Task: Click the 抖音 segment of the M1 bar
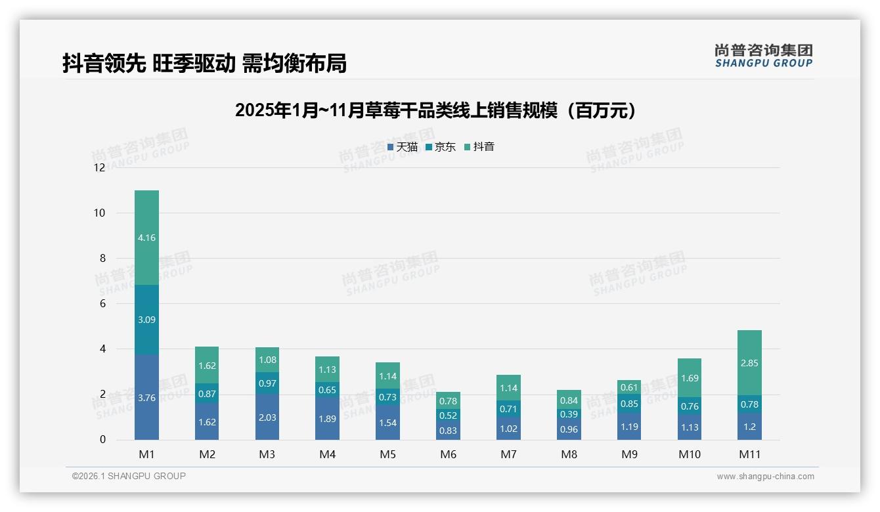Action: [146, 238]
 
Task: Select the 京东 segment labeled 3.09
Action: [146, 320]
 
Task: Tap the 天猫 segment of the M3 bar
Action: [267, 417]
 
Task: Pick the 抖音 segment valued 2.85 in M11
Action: [749, 363]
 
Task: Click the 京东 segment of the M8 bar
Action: [569, 414]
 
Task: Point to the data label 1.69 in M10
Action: [689, 378]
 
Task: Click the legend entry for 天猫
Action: [403, 147]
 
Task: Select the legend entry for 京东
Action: [441, 147]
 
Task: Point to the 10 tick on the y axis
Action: [99, 213]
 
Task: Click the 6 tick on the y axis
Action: [102, 303]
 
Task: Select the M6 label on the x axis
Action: [449, 454]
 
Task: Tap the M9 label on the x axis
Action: [629, 454]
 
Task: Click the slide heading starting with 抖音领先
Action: [204, 63]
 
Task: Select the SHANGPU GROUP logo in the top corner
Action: [763, 56]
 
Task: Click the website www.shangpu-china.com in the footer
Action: [765, 477]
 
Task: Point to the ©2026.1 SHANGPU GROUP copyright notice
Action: [129, 476]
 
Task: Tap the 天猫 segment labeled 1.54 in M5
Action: [387, 423]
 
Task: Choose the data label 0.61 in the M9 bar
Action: [629, 387]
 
